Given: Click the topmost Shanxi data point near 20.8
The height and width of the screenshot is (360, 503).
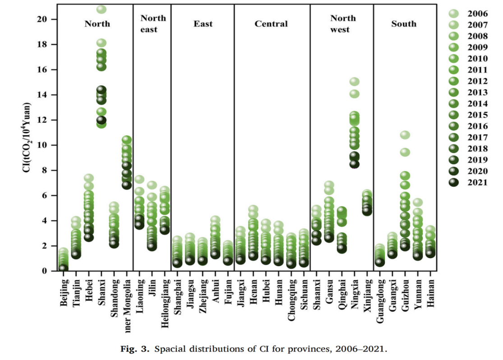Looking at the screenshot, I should point(102,9).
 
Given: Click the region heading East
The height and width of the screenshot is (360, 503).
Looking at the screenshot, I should point(203,24).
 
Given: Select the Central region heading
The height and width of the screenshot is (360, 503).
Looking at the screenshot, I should point(271,24).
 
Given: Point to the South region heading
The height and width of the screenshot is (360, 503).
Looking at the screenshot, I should point(404,24).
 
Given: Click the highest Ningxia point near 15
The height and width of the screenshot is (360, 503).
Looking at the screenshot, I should point(355,82).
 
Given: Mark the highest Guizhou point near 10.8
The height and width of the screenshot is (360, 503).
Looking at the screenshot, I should point(405,135).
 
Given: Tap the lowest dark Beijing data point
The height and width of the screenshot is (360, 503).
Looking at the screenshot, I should point(64,268).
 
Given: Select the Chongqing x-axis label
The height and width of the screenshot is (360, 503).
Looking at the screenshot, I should point(292,299).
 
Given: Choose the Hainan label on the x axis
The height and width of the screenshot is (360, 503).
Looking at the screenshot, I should point(430,294).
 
